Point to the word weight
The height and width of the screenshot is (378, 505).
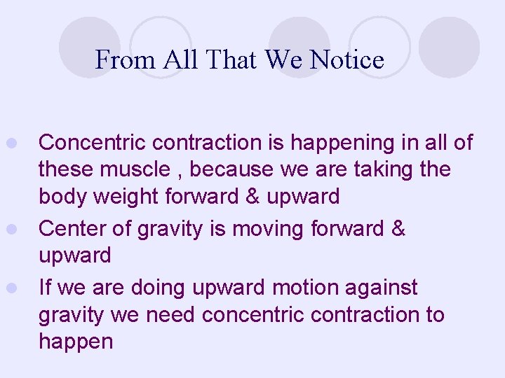pos(126,197)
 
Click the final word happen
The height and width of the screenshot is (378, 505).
pos(76,342)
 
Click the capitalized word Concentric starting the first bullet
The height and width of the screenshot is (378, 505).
pos(93,143)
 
